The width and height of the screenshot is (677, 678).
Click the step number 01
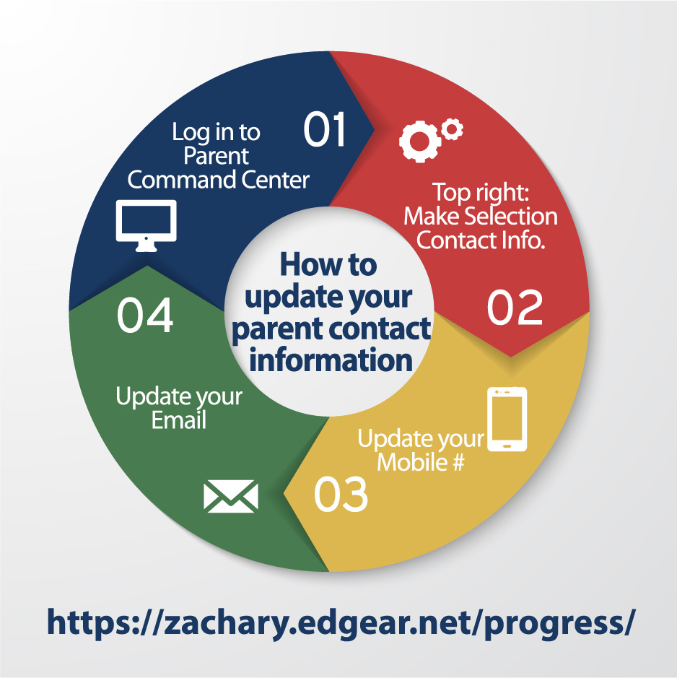(x=324, y=129)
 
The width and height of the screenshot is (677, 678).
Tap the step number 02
(x=515, y=307)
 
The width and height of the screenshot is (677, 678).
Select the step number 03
(x=341, y=494)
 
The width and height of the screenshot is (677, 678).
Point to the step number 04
(x=145, y=315)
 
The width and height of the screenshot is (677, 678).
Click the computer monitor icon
(x=146, y=225)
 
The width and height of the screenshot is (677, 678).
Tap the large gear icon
(x=419, y=142)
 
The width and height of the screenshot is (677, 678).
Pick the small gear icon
(x=452, y=129)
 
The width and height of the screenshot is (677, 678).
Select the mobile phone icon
(x=507, y=419)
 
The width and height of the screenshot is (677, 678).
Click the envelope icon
(x=231, y=496)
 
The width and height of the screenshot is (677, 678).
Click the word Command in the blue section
(x=182, y=180)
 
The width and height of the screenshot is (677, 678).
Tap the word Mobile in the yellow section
(x=412, y=462)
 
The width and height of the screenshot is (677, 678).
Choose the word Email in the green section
(x=178, y=420)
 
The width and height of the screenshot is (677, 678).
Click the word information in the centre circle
(x=331, y=360)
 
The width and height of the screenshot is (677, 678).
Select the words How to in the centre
(x=328, y=264)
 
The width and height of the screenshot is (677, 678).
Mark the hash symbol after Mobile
(x=458, y=462)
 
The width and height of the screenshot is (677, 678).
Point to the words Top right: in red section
(x=481, y=191)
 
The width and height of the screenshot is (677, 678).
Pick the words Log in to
(x=216, y=132)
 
